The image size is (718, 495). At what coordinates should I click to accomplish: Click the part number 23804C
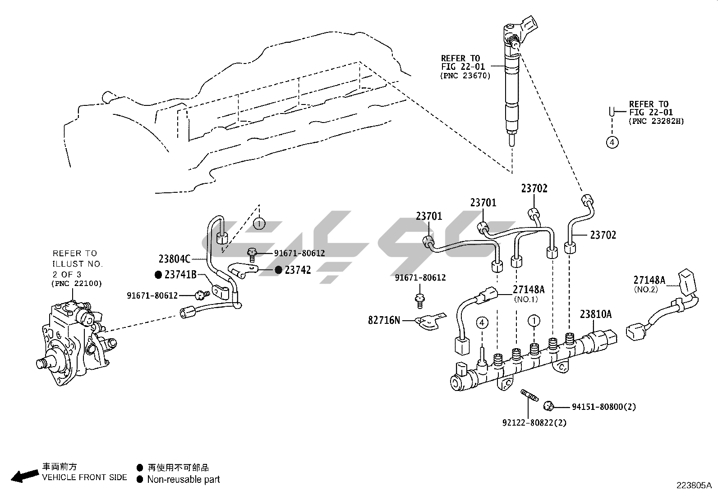click(x=175, y=259)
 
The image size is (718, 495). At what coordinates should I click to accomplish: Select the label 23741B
click(x=180, y=274)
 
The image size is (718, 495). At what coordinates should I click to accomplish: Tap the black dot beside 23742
click(x=279, y=270)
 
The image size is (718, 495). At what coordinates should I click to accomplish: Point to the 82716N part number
click(x=384, y=320)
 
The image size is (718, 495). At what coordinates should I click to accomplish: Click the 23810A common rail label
click(x=595, y=314)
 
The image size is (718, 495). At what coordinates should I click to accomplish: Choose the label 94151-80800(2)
click(x=604, y=407)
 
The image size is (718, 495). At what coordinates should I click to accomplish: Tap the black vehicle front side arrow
click(x=24, y=476)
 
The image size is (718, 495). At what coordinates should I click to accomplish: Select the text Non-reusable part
click(x=184, y=479)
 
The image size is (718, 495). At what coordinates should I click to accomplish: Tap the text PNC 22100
click(x=77, y=283)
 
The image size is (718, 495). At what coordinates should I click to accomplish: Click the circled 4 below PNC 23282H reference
click(x=612, y=142)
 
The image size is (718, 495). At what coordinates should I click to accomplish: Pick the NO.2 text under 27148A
click(x=646, y=290)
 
